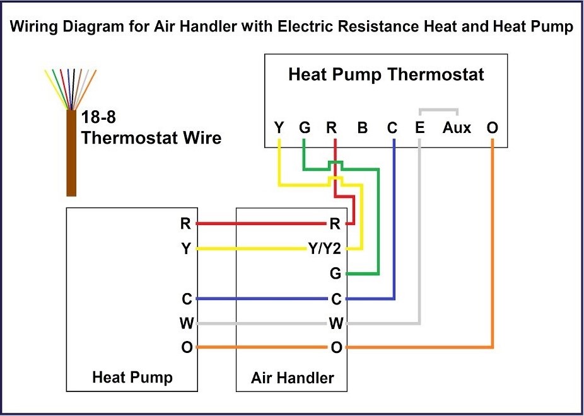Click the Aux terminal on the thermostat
pos(457,128)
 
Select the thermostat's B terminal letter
pos(362,128)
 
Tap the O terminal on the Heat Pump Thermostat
pos(493,128)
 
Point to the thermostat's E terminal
pos(419,128)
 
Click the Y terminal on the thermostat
pos(279,128)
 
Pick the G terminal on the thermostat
pos(305,128)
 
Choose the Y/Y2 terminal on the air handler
pos(324,248)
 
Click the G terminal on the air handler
pos(335,274)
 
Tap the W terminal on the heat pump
pos(186,324)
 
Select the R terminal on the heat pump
pos(185,223)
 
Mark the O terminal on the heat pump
pos(186,348)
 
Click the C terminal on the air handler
pos(336,299)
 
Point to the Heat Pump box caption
pos(132,378)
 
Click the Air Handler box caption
pos(292,378)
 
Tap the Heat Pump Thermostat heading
pos(386,75)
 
